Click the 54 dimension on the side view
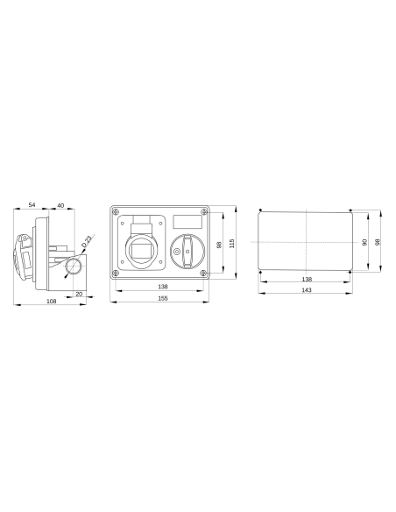pos(32,204)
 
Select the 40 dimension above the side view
pos(60,204)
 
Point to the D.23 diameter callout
pos(88,238)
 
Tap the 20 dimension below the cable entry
pos(79,294)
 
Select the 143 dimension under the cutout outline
pos(306,290)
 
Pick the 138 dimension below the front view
pos(162,287)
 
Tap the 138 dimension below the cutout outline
pos(306,279)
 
